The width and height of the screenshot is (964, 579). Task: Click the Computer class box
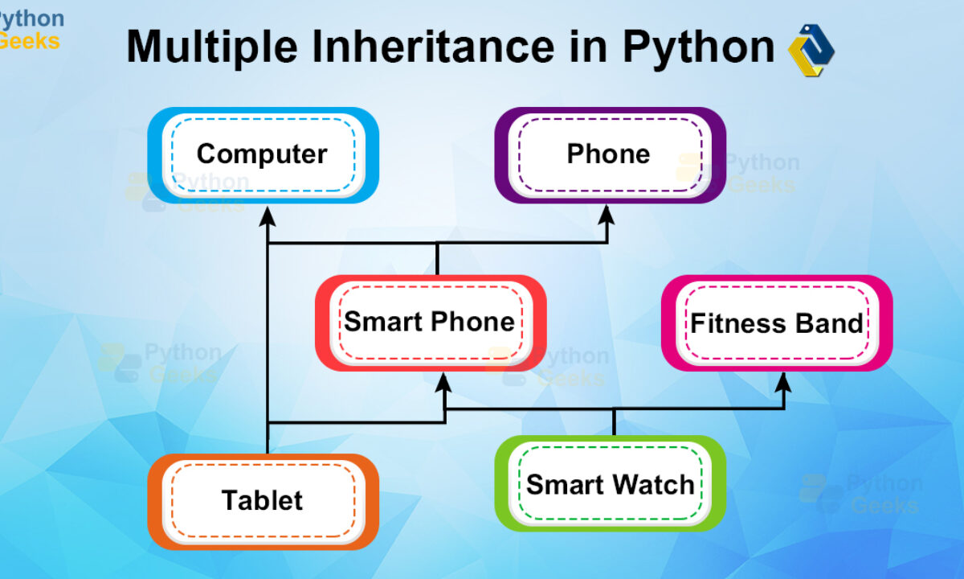tap(263, 155)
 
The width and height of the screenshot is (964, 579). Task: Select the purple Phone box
tap(610, 155)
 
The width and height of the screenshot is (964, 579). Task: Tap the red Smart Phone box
tap(431, 323)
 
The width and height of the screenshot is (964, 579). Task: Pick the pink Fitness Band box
tap(777, 323)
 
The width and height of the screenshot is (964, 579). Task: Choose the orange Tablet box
tap(263, 502)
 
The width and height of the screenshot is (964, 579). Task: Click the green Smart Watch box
tap(610, 483)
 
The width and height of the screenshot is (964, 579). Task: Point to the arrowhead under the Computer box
tap(268, 216)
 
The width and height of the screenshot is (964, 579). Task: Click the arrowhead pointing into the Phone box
tap(607, 214)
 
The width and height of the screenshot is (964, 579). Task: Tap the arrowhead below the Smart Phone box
tap(443, 382)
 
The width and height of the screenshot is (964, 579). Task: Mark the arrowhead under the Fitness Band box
tap(783, 382)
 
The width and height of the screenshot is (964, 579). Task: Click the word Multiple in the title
tap(212, 47)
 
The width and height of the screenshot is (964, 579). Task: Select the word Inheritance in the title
tap(433, 46)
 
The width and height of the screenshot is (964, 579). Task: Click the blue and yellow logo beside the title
tap(811, 51)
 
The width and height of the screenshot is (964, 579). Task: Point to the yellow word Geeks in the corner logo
tap(28, 41)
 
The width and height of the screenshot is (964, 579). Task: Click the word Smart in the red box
tap(383, 322)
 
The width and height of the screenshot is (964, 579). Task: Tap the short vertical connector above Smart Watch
tap(614, 422)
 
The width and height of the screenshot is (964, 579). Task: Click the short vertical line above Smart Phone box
tap(437, 259)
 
